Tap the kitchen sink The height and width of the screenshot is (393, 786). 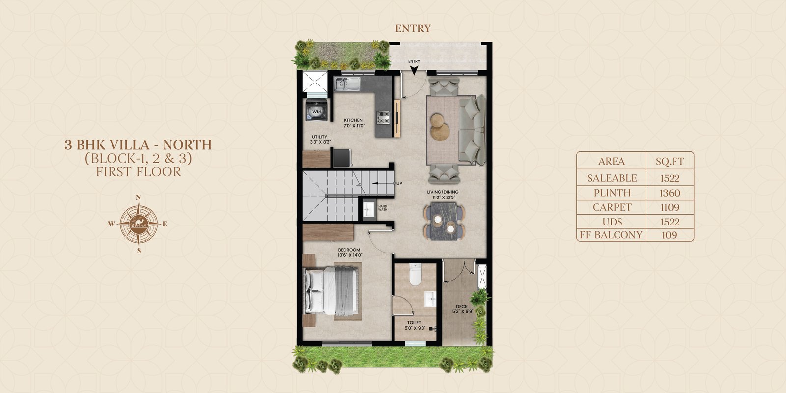click(347, 84)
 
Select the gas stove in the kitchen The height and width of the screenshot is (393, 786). click(383, 117)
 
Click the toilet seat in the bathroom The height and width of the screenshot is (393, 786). click(415, 274)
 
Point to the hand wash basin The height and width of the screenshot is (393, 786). click(368, 209)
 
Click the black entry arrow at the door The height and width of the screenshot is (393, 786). click(414, 70)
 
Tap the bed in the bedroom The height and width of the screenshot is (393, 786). click(332, 290)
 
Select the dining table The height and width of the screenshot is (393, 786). click(444, 221)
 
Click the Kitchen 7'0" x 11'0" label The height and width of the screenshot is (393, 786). click(353, 123)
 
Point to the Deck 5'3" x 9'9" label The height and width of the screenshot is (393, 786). click(462, 309)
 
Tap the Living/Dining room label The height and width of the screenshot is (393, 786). click(443, 195)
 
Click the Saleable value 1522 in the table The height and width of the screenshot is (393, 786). click(670, 178)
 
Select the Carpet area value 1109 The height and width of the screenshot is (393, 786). click(670, 207)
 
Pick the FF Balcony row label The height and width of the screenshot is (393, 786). click(611, 235)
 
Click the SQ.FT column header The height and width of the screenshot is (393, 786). click(670, 162)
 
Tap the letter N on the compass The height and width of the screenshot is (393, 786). click(138, 197)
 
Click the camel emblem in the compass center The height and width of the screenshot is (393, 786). click(139, 224)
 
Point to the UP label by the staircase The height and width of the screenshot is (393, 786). click(399, 183)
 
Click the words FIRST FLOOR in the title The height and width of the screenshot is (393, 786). click(139, 172)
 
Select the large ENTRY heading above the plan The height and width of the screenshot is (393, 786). click(413, 28)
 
